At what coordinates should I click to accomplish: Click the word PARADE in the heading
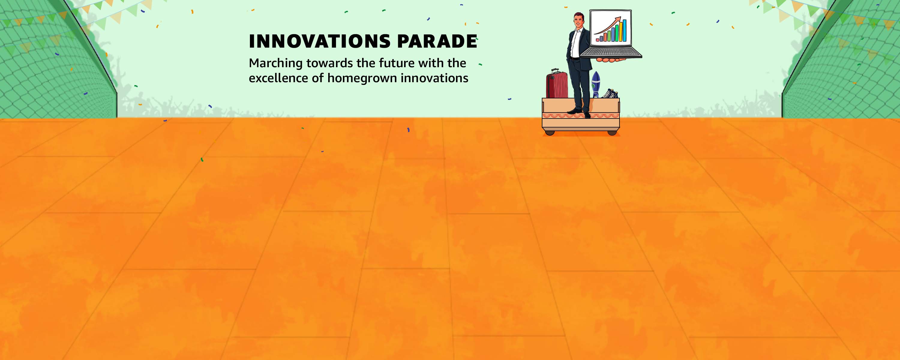(x=437, y=41)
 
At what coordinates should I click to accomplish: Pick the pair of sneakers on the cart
(x=610, y=93)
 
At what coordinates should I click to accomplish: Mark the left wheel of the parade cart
(x=550, y=133)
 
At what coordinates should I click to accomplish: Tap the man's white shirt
(x=575, y=44)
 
